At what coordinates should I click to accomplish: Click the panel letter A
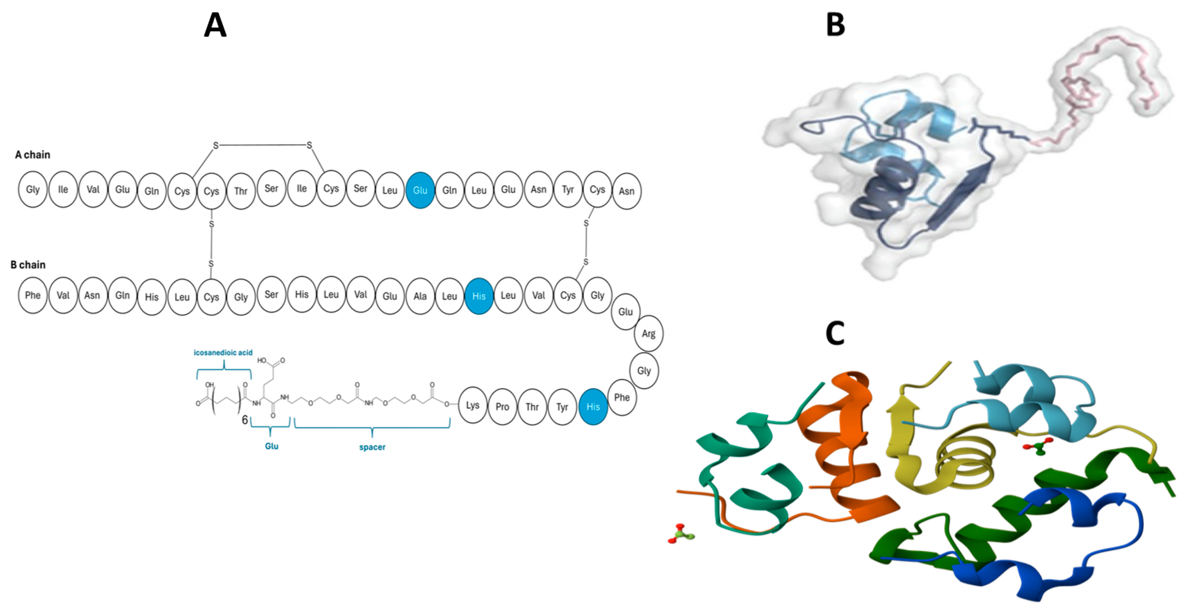click(x=215, y=25)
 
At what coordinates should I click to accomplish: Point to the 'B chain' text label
click(x=28, y=265)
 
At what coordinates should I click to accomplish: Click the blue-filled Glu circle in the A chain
click(x=420, y=190)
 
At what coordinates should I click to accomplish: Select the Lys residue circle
click(x=472, y=405)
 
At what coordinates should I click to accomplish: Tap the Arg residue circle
click(x=648, y=334)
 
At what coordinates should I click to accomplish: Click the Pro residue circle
click(x=502, y=406)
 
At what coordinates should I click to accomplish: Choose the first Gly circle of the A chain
click(x=33, y=190)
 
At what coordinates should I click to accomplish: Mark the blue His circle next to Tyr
click(x=593, y=406)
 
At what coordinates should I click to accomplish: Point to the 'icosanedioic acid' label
click(x=223, y=352)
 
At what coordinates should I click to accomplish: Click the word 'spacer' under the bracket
click(x=372, y=447)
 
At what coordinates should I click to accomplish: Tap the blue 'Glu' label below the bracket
click(x=272, y=446)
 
